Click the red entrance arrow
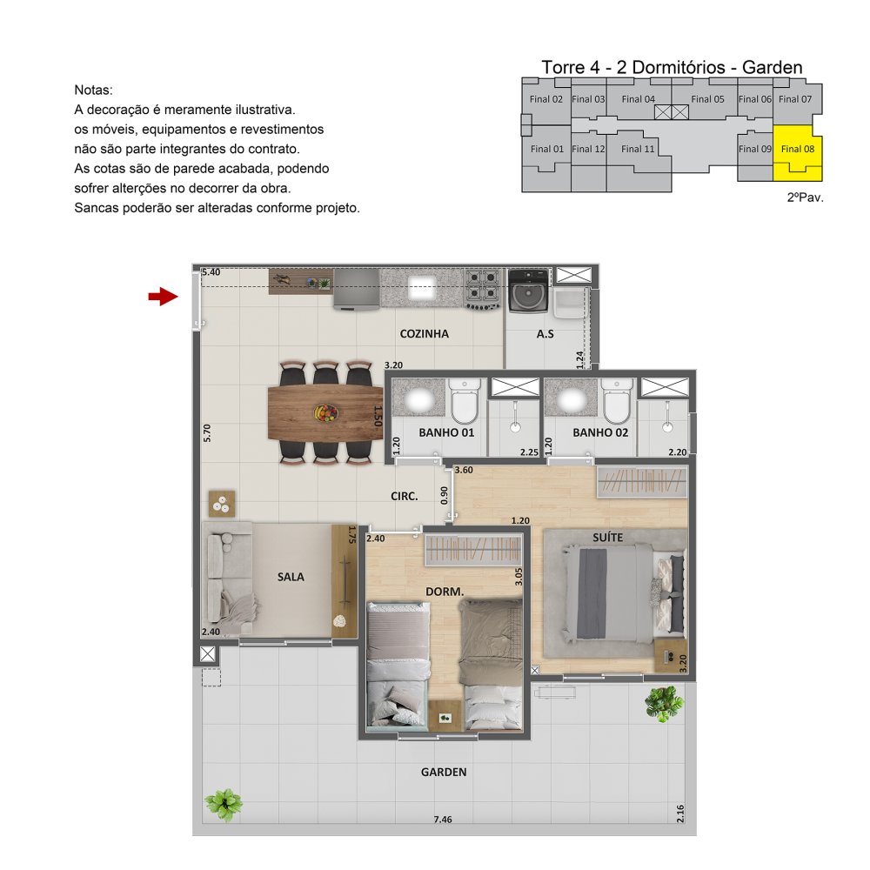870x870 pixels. [164, 297]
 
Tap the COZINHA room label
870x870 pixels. [424, 334]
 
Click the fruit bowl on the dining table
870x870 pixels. [326, 413]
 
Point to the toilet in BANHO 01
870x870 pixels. [465, 400]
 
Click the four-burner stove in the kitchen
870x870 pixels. [482, 289]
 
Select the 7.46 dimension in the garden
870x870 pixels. [443, 820]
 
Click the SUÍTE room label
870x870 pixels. [607, 538]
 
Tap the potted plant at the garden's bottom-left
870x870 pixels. [224, 805]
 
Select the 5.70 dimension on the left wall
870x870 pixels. [207, 432]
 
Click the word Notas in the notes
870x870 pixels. [93, 90]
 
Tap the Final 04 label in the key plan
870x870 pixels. [638, 99]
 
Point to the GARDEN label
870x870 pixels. [444, 772]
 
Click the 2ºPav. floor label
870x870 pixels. [805, 197]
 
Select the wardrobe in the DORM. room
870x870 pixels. [473, 550]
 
